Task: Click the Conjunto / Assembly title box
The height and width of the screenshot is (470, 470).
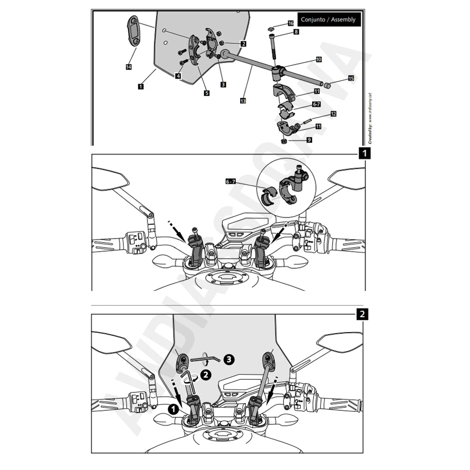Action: [329, 20]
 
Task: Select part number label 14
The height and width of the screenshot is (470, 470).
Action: [129, 67]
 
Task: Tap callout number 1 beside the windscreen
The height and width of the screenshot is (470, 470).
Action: [141, 86]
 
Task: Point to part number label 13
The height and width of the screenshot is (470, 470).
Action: [243, 101]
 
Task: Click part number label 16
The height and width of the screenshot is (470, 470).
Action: [290, 23]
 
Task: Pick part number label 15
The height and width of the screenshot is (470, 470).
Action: [351, 78]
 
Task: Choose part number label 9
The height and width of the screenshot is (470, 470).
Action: [309, 140]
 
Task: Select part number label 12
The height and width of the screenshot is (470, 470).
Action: [333, 114]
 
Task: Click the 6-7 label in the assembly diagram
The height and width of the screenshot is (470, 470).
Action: [317, 104]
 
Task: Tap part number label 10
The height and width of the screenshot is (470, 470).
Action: [318, 60]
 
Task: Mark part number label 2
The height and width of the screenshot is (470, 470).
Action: [243, 44]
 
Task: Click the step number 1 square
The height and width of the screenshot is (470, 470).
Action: [363, 152]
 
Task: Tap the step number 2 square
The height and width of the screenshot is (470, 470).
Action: [362, 314]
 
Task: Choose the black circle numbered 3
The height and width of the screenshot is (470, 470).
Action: [228, 360]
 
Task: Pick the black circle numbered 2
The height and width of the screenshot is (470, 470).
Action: [204, 375]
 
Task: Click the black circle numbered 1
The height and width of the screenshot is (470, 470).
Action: [172, 409]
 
